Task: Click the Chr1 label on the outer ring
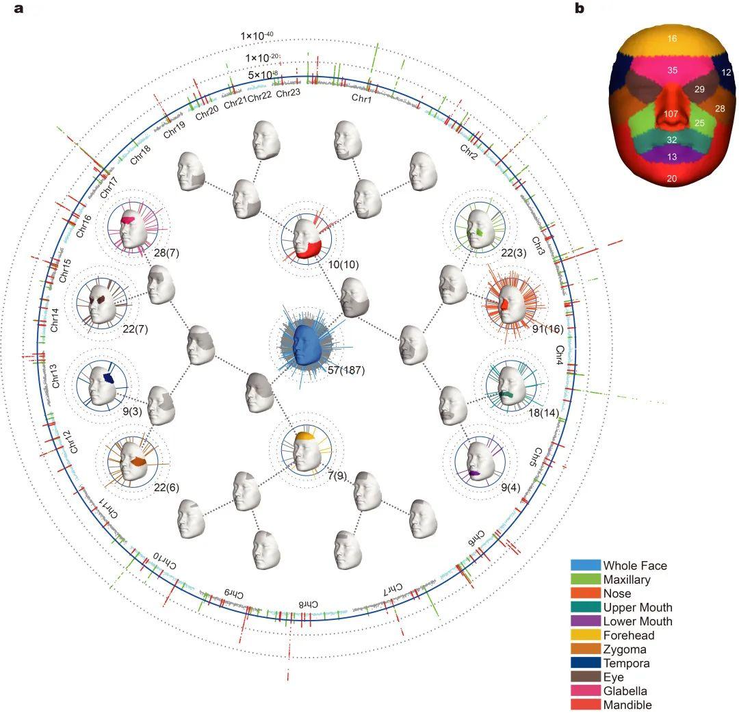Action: coord(362,99)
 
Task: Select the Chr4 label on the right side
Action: coord(560,356)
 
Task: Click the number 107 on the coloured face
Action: coord(671,114)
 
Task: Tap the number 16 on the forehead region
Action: coord(671,40)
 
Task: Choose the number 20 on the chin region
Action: coord(671,179)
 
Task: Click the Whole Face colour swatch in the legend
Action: coord(585,566)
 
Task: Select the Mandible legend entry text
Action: coord(627,705)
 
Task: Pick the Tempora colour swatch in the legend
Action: coord(585,663)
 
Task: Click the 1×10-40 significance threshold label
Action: coord(257,36)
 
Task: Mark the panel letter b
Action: coord(580,9)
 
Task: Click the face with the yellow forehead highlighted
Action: coord(306,447)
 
